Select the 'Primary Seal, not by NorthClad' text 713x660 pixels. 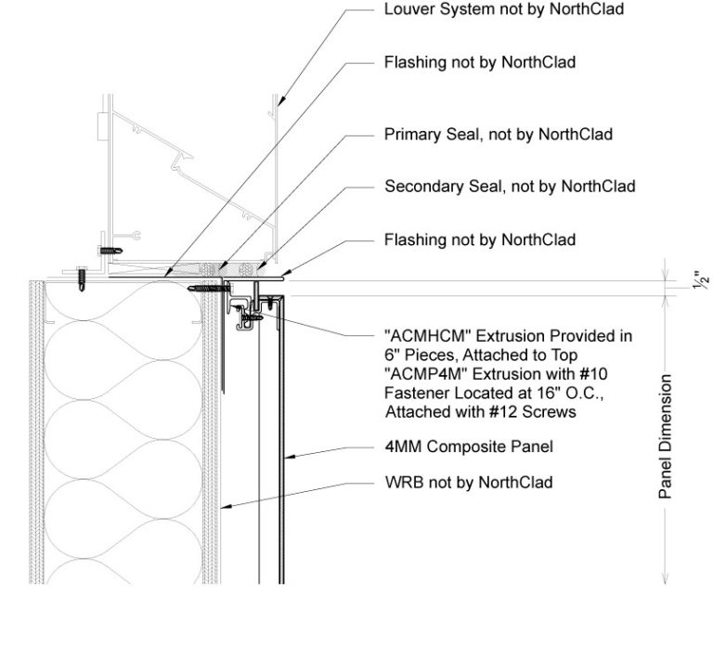[499, 135]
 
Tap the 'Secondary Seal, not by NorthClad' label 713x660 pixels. [510, 187]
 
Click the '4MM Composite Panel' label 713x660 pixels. [468, 446]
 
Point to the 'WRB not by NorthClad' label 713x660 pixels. [468, 482]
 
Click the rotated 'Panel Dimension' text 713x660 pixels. [665, 437]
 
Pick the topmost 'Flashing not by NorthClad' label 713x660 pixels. [479, 63]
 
